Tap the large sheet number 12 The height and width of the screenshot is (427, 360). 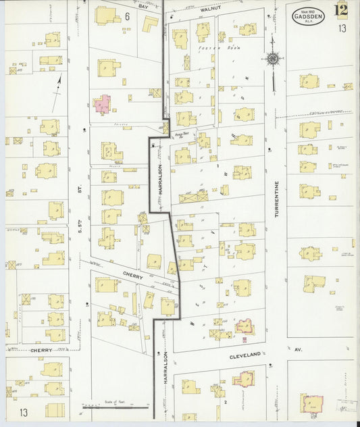[x=341, y=11]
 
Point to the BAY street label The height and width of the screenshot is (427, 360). [x=143, y=5]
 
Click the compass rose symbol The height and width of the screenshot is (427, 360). [x=273, y=59]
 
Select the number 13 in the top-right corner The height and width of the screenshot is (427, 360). [x=342, y=28]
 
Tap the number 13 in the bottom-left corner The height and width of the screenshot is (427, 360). [x=24, y=412]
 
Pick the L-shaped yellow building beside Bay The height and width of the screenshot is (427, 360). [x=149, y=24]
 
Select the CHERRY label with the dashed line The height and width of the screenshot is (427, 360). [x=41, y=351]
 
